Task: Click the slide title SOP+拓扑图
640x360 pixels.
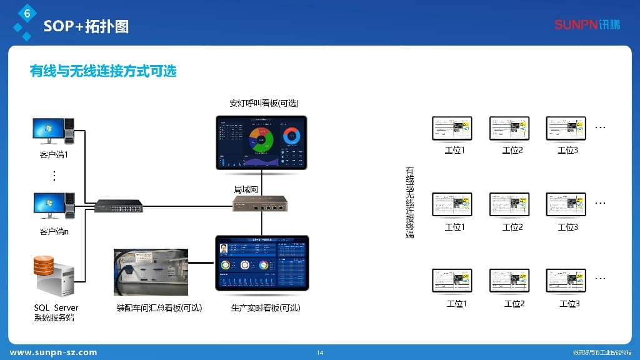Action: click(86, 26)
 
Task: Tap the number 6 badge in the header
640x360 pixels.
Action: click(26, 12)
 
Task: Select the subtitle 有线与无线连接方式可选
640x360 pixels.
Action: click(103, 71)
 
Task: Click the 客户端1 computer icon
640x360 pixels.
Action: click(54, 131)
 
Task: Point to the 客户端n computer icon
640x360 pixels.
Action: click(54, 207)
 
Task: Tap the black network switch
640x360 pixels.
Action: click(119, 206)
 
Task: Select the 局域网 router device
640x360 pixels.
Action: click(260, 203)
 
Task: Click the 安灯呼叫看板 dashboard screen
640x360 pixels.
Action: click(262, 142)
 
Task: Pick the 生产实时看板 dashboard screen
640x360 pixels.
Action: click(262, 262)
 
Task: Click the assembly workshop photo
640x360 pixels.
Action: click(151, 272)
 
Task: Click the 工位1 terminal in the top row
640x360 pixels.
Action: click(452, 128)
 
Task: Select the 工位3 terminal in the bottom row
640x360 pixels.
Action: click(566, 281)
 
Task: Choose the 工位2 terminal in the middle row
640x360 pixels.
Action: click(509, 204)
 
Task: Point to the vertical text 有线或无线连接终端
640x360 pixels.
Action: click(410, 202)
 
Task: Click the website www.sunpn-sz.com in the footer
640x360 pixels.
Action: click(54, 352)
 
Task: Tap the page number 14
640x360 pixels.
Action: click(320, 353)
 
